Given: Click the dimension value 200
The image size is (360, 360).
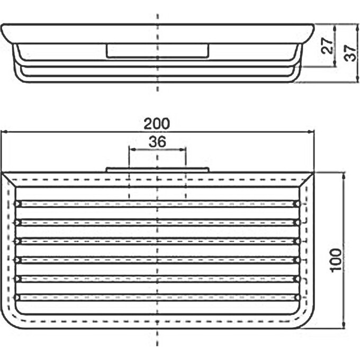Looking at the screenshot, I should click(x=157, y=124).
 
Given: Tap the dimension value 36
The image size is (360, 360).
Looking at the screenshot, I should click(x=157, y=141).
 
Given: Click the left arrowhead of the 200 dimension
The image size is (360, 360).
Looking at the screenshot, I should click(x=4, y=132).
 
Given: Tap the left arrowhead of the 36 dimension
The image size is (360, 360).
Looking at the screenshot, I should click(x=132, y=150).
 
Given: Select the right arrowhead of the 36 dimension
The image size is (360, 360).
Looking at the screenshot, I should click(x=183, y=150).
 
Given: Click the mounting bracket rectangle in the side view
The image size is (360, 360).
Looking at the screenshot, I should click(x=157, y=50).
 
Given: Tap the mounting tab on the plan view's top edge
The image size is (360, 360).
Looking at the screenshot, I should click(x=157, y=170).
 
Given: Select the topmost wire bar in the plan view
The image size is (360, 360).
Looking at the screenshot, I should click(x=157, y=204).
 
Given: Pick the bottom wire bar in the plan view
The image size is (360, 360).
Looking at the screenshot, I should click(x=157, y=297).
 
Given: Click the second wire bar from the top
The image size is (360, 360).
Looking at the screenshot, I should click(x=157, y=222).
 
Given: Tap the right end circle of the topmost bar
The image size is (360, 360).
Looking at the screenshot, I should click(x=296, y=204).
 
